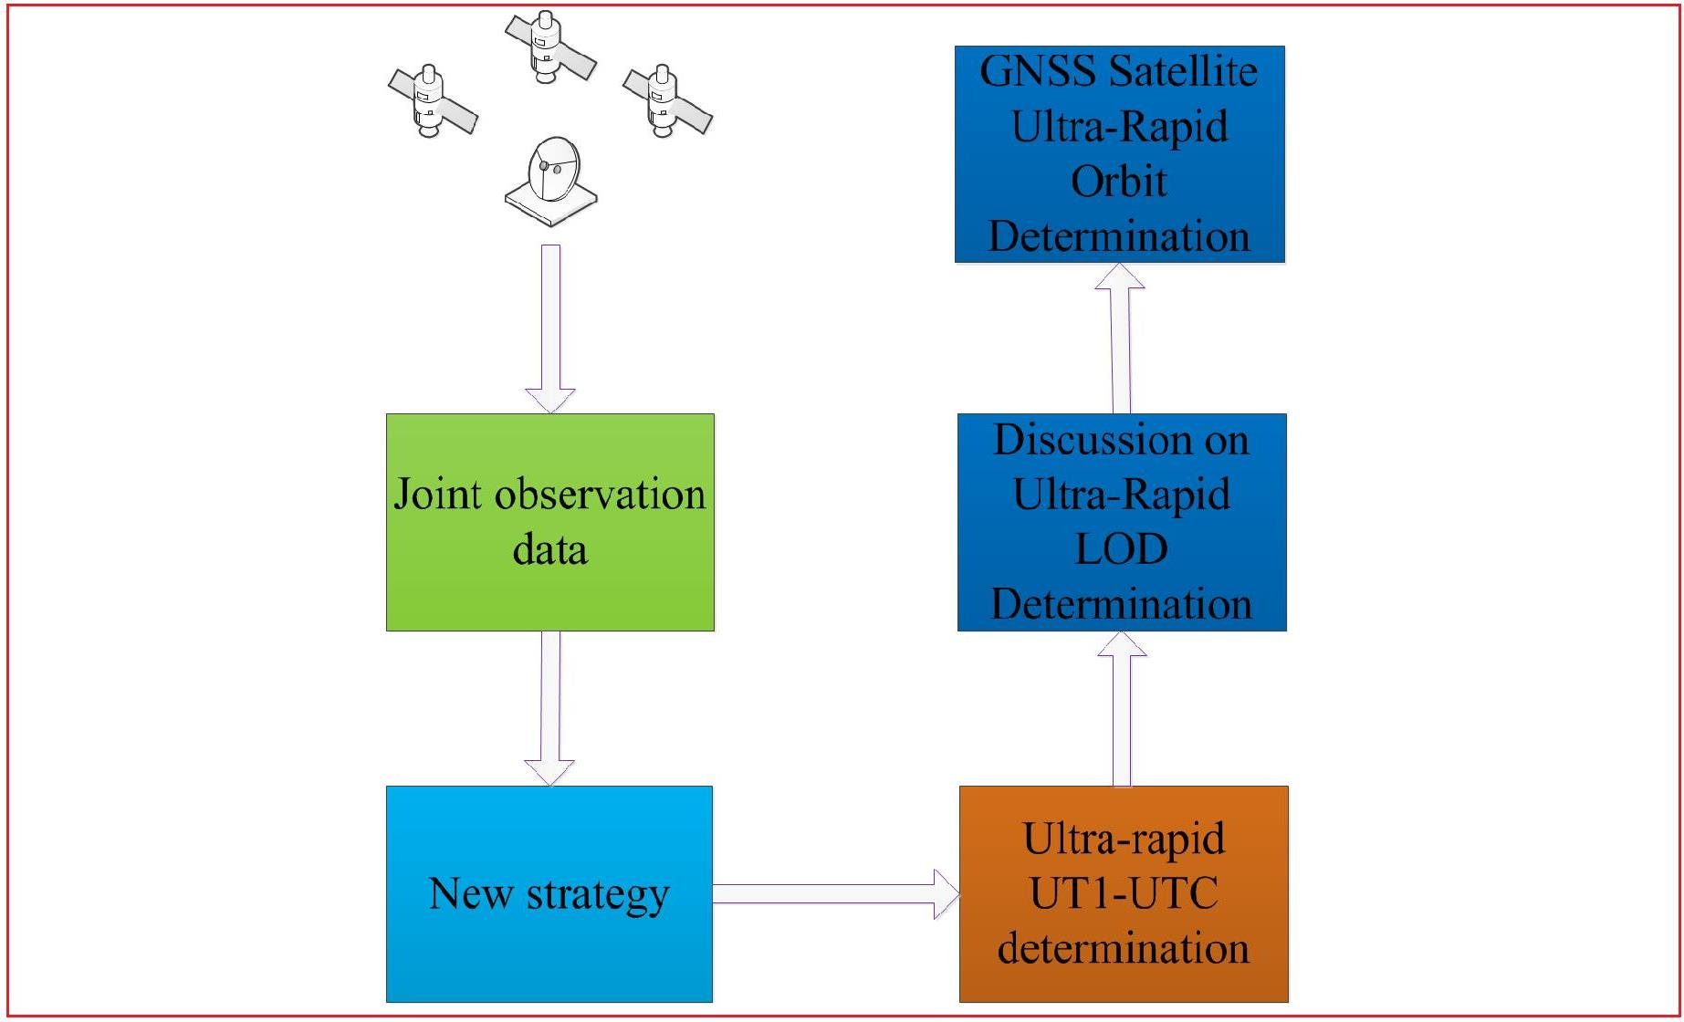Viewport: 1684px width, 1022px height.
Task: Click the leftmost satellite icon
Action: (432, 100)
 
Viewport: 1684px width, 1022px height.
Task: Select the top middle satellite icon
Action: (549, 47)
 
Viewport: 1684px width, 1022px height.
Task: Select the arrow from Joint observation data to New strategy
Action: (549, 706)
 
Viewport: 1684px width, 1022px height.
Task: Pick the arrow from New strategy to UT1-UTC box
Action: (834, 893)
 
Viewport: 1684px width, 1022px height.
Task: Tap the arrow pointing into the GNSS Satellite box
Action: (1120, 338)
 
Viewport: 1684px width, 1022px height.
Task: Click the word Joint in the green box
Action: (437, 495)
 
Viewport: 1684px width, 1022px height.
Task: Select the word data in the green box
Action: (549, 550)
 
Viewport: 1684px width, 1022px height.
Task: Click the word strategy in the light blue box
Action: (598, 895)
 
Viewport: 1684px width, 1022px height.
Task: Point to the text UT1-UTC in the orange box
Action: (1124, 893)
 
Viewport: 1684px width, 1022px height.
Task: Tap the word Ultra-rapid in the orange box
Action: (1124, 839)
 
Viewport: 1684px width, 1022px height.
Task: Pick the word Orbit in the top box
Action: (1118, 182)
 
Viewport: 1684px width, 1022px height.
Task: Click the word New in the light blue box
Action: (470, 894)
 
